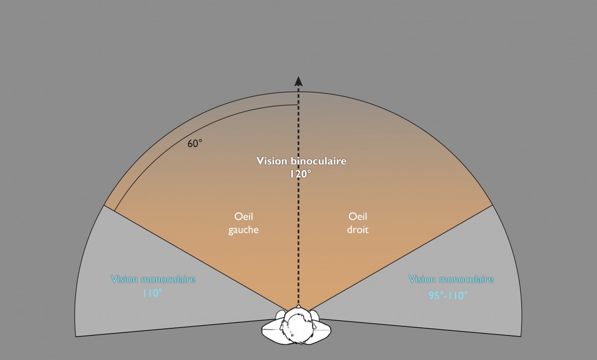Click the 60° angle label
click(195, 143)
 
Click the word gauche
click(243, 230)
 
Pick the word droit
click(357, 230)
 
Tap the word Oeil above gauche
click(243, 217)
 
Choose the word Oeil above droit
click(357, 217)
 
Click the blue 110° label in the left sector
click(153, 294)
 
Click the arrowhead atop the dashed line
click(298, 81)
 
